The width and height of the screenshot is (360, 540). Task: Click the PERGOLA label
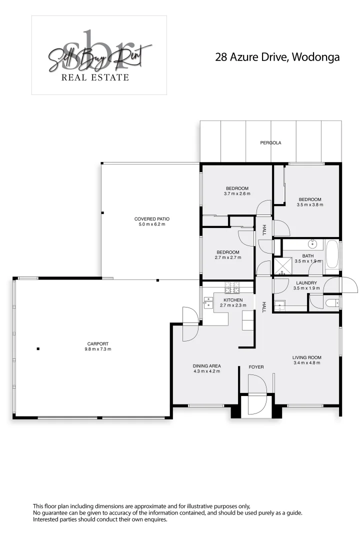[270, 143]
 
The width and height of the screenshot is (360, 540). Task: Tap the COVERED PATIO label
[152, 219]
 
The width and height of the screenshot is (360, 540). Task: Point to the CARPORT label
[98, 343]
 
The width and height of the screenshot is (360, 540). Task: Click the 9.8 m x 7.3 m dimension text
[98, 349]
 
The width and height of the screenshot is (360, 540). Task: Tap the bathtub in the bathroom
[332, 254]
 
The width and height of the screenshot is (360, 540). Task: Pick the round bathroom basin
[313, 244]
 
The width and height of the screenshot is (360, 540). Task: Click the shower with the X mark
[281, 266]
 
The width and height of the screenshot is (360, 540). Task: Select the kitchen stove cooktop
[232, 287]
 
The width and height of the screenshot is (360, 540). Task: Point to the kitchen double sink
[208, 301]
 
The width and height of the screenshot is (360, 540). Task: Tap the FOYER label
[256, 367]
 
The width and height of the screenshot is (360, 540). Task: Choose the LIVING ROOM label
[307, 357]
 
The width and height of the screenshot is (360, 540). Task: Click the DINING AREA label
[206, 365]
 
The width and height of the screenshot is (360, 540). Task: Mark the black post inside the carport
[37, 348]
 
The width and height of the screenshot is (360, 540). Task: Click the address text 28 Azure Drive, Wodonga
[277, 57]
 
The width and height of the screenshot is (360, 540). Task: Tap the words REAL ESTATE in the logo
[95, 77]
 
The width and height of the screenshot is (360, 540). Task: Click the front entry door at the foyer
[257, 395]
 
